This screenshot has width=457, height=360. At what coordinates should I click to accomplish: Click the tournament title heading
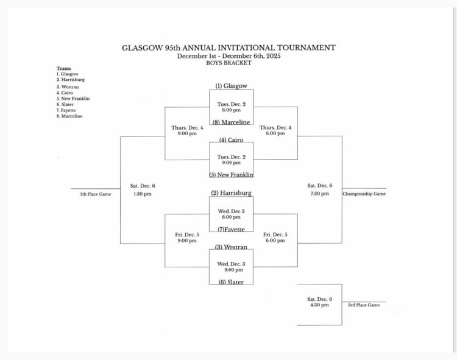(x=228, y=48)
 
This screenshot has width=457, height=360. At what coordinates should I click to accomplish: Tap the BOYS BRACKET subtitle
(x=228, y=63)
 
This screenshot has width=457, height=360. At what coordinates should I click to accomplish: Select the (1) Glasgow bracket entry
(x=231, y=86)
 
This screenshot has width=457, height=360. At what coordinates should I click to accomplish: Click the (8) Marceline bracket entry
(x=231, y=122)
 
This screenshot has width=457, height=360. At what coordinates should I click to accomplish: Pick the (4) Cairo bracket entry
(x=231, y=140)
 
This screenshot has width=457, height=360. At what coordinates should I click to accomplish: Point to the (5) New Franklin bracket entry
(x=231, y=175)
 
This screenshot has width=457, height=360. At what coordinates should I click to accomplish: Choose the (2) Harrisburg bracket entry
(x=231, y=193)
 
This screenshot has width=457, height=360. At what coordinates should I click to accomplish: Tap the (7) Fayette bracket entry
(x=231, y=229)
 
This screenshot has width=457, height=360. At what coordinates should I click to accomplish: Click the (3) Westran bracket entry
(x=231, y=247)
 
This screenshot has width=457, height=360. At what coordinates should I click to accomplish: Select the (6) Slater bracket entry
(x=231, y=282)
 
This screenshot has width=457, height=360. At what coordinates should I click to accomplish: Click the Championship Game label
(x=364, y=194)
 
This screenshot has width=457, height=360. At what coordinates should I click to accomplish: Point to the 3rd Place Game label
(x=364, y=305)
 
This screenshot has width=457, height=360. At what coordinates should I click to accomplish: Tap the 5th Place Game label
(x=96, y=194)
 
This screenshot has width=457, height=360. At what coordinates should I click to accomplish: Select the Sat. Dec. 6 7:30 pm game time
(x=320, y=189)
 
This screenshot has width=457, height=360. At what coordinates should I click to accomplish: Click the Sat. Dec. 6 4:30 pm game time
(x=320, y=302)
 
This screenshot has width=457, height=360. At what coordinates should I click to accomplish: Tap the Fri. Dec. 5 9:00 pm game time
(x=187, y=238)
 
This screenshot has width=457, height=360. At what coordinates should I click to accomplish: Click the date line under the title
(x=228, y=55)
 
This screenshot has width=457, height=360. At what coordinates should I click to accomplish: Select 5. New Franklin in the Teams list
(x=73, y=98)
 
